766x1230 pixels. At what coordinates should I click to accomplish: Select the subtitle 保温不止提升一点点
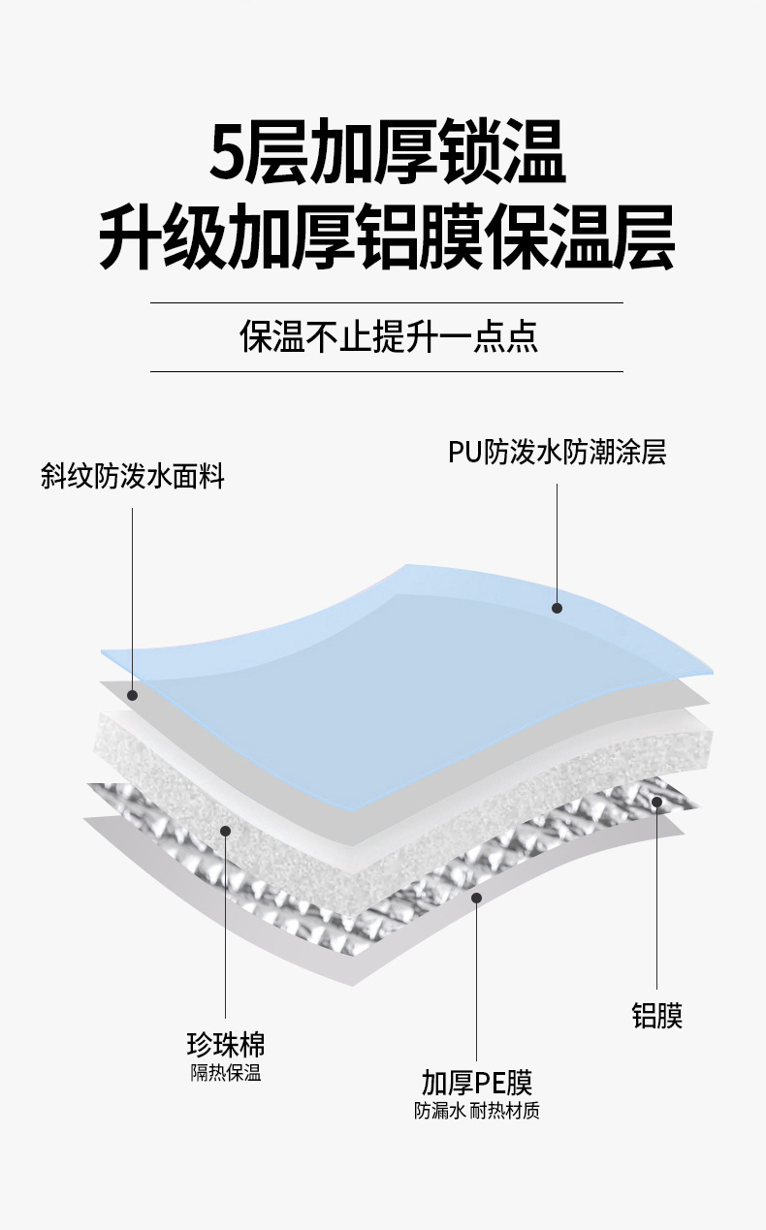click(388, 336)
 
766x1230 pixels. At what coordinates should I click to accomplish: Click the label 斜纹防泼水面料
click(133, 477)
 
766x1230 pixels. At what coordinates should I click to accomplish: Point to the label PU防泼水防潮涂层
click(557, 453)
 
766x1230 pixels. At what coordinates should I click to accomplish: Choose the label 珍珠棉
click(225, 1044)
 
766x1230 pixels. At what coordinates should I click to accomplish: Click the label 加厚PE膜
click(476, 1082)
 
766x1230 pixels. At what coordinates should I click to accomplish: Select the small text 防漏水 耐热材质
click(476, 1111)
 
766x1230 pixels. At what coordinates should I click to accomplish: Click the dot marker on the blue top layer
click(558, 608)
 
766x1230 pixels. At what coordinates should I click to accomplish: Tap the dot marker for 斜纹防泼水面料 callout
click(133, 694)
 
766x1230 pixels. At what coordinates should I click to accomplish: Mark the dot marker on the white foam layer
click(225, 830)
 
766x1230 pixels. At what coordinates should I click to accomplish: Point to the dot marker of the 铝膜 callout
click(657, 802)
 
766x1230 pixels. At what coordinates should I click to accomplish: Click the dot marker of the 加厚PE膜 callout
click(476, 898)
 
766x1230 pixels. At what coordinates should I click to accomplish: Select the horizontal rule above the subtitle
click(386, 302)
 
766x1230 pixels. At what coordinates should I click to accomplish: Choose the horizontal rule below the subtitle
click(386, 371)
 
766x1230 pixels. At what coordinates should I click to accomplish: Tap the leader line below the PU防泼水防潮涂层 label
click(558, 543)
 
